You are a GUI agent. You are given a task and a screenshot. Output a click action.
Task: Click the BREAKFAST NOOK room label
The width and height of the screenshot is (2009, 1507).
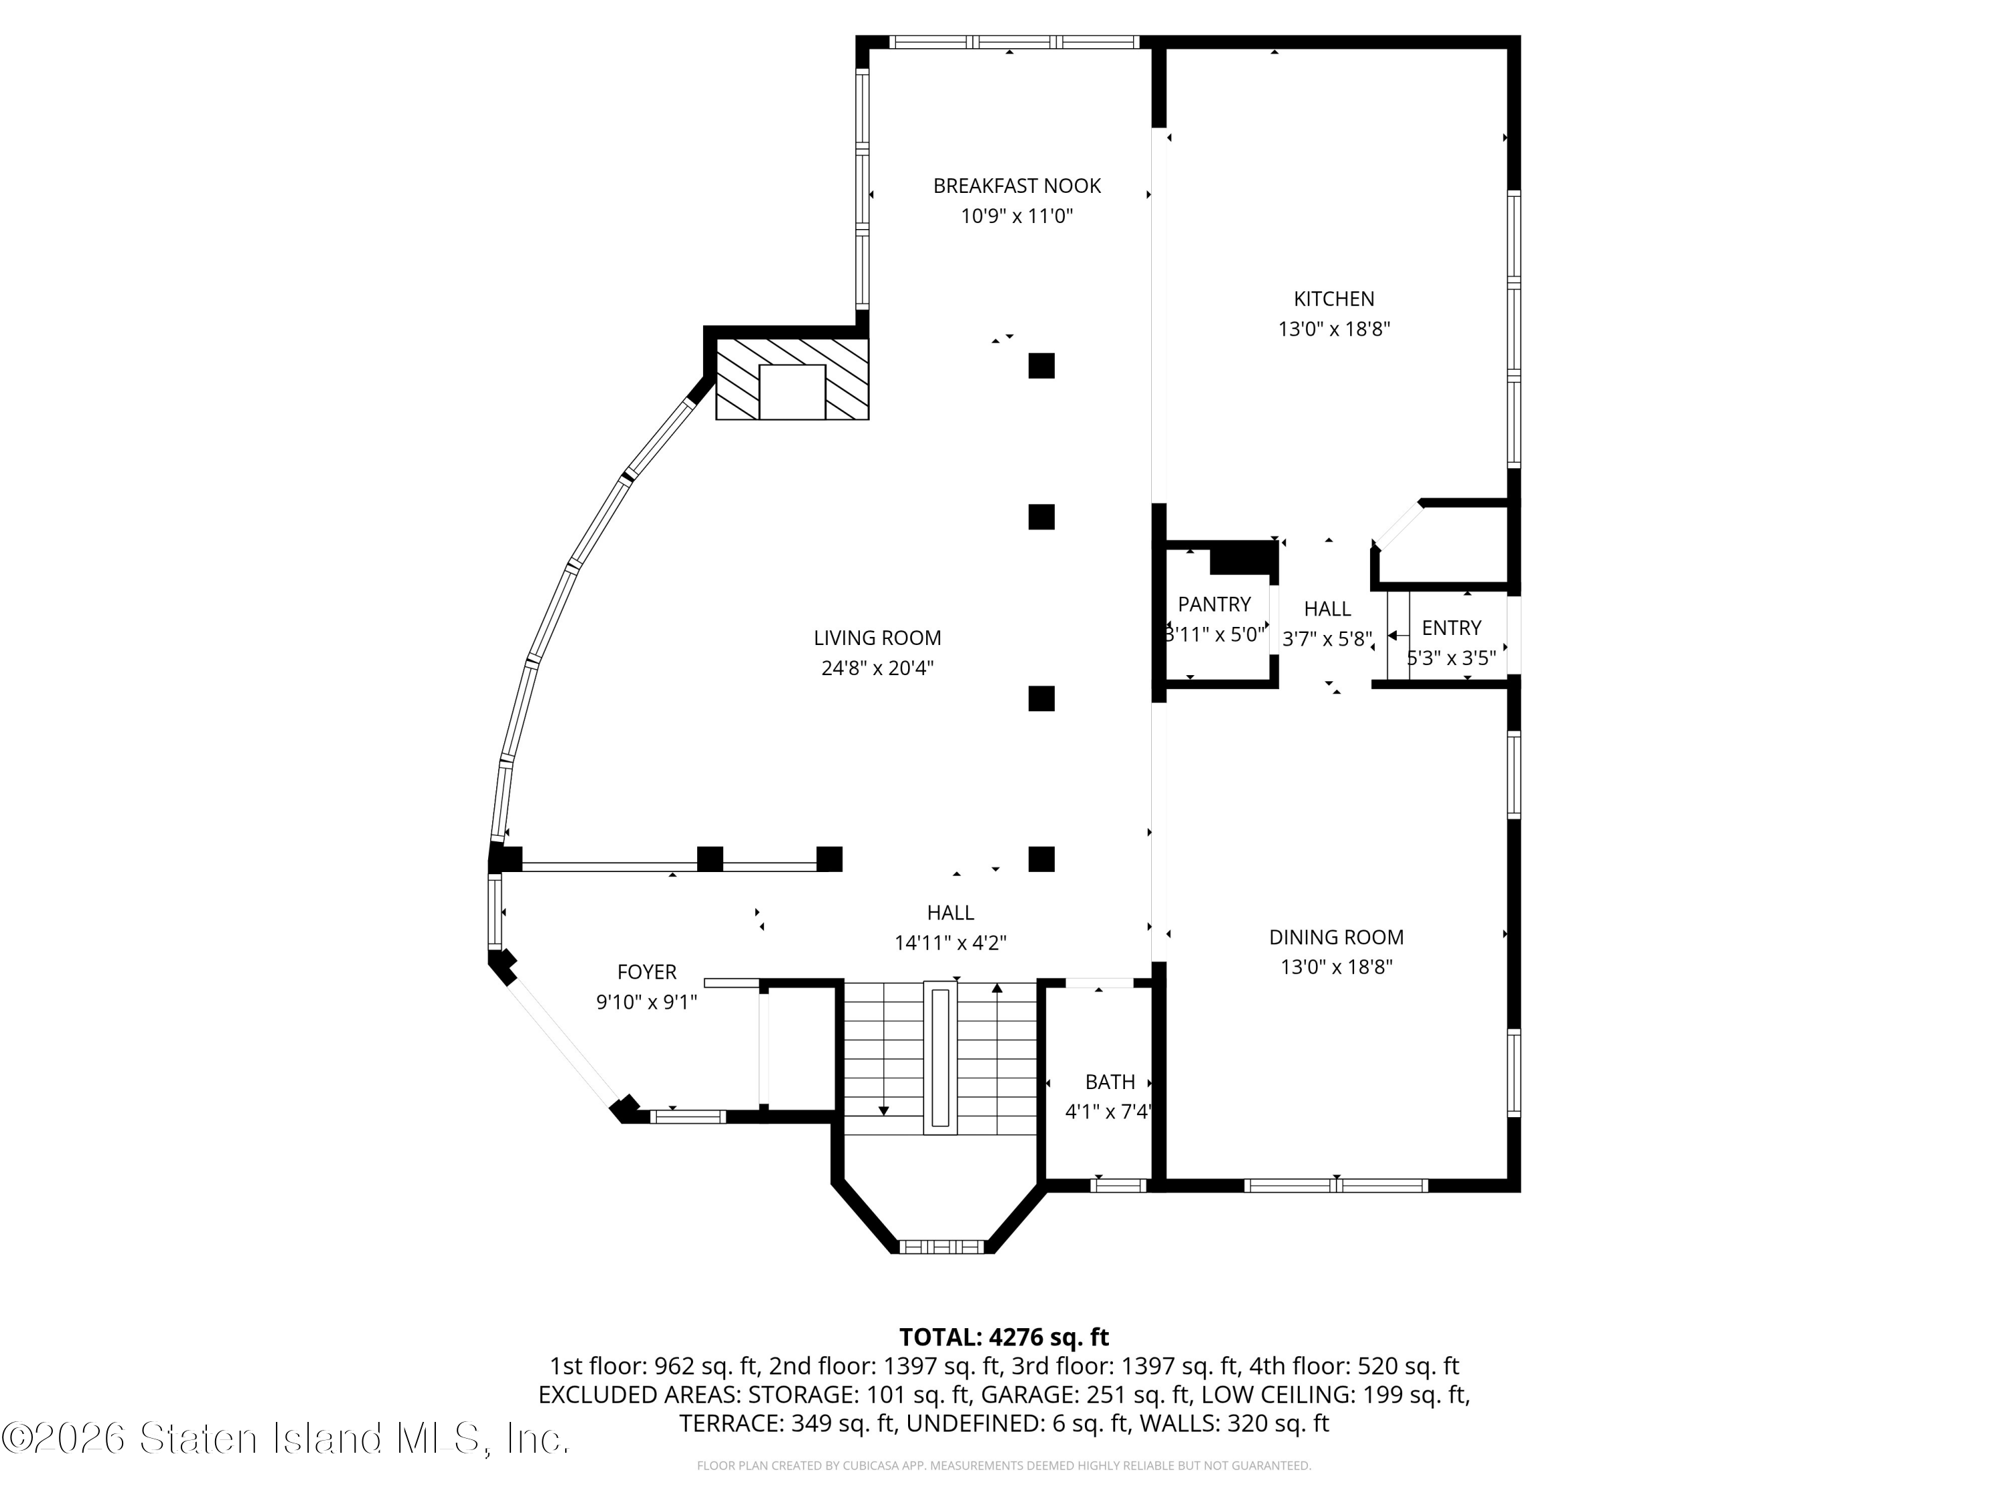click(x=1017, y=186)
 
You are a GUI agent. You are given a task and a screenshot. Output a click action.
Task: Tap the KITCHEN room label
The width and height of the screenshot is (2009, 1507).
click(x=1333, y=299)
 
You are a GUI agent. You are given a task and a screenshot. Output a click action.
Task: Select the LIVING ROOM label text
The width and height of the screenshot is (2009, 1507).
click(x=877, y=638)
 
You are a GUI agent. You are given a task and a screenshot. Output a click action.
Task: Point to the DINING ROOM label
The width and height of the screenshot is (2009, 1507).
click(x=1336, y=938)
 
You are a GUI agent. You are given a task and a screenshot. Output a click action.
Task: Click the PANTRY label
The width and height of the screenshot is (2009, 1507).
click(x=1214, y=605)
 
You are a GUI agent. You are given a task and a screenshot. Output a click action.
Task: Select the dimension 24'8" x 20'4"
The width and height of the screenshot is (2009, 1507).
click(x=877, y=668)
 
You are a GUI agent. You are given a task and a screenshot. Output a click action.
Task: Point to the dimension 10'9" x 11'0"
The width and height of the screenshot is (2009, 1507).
click(x=1017, y=216)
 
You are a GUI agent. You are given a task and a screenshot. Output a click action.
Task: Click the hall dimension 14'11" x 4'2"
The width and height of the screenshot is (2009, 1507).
click(x=950, y=944)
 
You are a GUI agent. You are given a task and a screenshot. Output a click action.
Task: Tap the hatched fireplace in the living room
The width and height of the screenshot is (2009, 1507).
click(x=792, y=379)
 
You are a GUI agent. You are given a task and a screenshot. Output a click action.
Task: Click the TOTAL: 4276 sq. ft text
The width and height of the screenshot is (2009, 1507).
click(x=1004, y=1337)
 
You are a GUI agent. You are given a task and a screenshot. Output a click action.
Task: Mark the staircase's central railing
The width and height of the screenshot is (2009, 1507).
click(x=940, y=1058)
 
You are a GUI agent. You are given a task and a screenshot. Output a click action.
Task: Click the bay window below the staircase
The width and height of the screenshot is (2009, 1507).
click(x=942, y=1246)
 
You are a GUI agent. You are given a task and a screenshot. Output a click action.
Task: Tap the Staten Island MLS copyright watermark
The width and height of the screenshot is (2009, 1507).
click(x=285, y=1438)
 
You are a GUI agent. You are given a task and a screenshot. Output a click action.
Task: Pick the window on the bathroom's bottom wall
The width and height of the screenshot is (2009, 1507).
click(x=1119, y=1185)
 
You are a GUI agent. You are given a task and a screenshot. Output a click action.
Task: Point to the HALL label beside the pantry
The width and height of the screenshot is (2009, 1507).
click(x=1327, y=609)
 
